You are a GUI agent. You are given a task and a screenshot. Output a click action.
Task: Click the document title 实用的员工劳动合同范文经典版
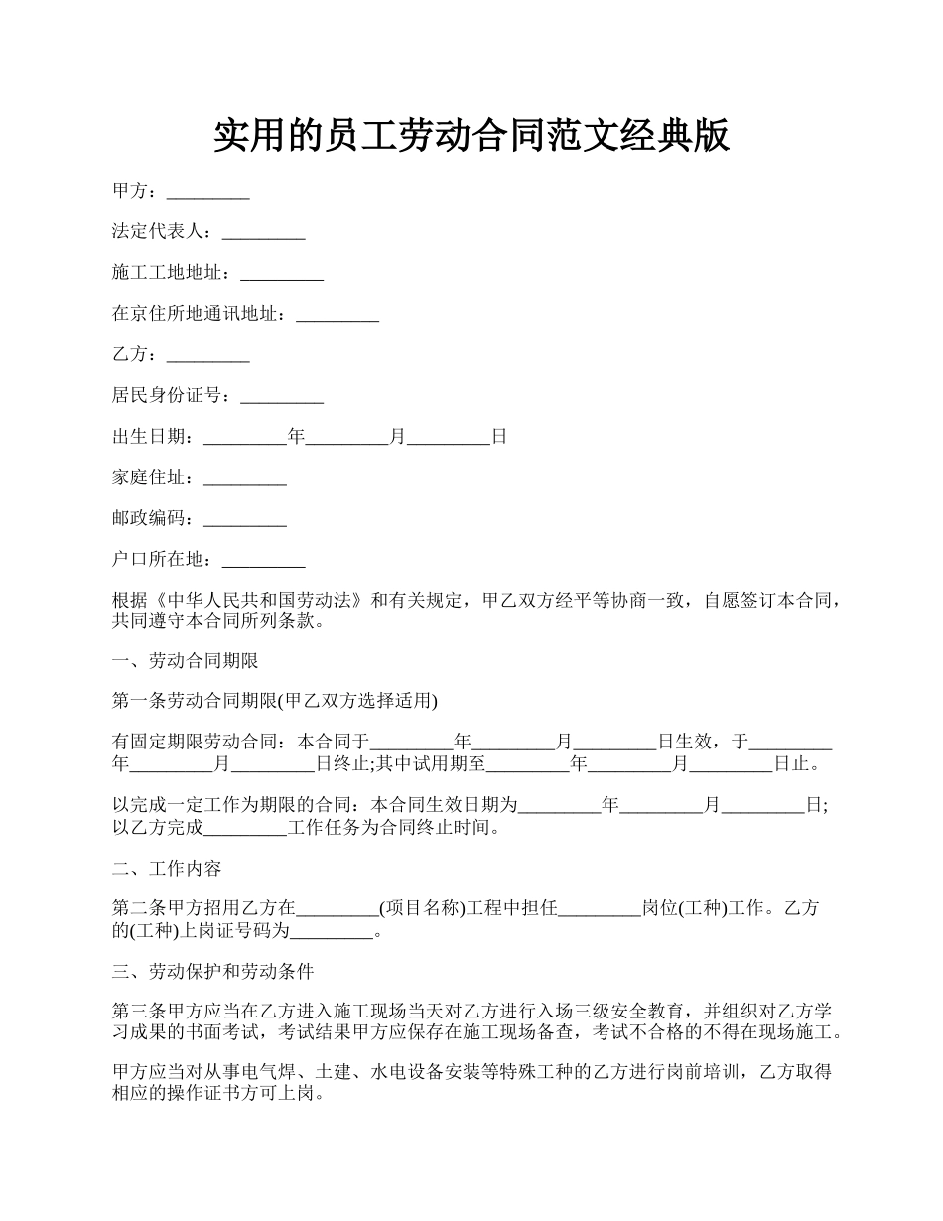[471, 136]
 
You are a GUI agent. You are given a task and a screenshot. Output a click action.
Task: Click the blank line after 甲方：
[207, 192]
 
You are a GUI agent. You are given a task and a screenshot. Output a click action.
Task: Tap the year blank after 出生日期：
[244, 437]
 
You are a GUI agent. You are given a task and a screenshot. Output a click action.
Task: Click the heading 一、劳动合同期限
[186, 660]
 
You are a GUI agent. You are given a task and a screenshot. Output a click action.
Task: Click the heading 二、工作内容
[167, 869]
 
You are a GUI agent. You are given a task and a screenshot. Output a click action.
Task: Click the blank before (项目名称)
[337, 908]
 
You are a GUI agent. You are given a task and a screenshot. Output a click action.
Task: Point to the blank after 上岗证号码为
[331, 931]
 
